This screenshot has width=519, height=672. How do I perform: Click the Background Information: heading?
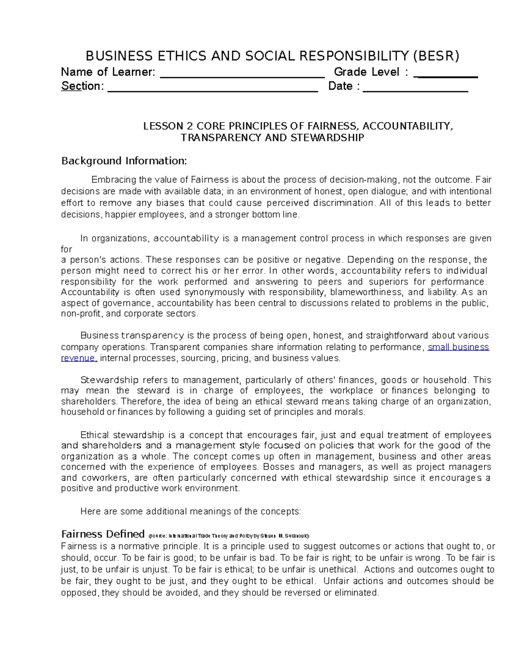(x=124, y=161)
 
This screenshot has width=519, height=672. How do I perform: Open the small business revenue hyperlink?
(x=458, y=347)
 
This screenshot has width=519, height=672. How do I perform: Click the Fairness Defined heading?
(x=103, y=534)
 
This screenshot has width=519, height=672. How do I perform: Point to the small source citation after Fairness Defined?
(x=229, y=535)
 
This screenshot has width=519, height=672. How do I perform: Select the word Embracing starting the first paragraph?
(x=111, y=180)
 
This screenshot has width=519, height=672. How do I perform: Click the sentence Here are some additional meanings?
(x=190, y=511)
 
